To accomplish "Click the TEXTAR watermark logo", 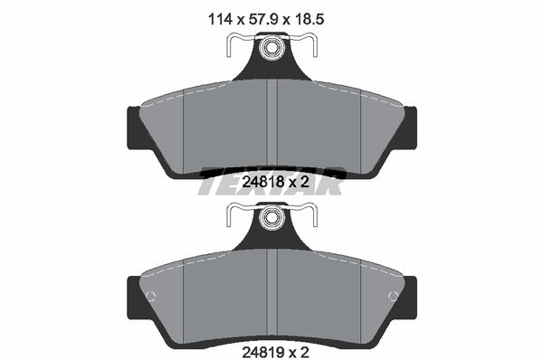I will click(x=271, y=178).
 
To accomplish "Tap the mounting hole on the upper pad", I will click(x=271, y=51).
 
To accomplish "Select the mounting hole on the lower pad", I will click(x=271, y=219).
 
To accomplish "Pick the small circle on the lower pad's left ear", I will click(x=150, y=297).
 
